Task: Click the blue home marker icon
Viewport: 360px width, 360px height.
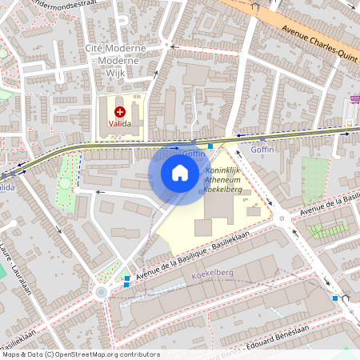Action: coord(180,173)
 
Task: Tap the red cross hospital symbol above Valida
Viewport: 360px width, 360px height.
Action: coord(120,113)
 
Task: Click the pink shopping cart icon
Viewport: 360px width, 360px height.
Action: coord(354,100)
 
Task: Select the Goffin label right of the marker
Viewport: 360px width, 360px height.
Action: coord(262,149)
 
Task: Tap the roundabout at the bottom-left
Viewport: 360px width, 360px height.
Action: coord(101,293)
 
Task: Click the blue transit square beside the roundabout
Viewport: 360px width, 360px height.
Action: coord(126,279)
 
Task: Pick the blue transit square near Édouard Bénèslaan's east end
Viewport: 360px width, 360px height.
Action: coord(334,298)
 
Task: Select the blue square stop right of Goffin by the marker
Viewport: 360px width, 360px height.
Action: coord(210,146)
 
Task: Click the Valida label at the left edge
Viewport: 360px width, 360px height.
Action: coord(6,186)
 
